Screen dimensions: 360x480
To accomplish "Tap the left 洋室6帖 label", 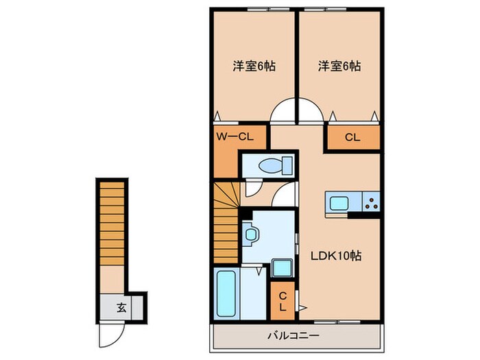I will [254, 67].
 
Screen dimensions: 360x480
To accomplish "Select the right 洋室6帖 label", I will [339, 67].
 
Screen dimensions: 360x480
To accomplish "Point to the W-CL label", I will [235, 136].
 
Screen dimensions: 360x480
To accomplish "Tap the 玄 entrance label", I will [120, 308].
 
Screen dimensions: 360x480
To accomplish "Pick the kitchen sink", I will [338, 202].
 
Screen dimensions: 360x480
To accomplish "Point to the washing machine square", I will [281, 267].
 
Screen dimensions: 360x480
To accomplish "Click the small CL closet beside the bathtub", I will [282, 299].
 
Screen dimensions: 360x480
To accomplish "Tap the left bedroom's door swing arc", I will [283, 112].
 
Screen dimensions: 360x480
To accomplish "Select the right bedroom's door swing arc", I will [311, 112].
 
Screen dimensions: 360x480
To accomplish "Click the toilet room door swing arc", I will [285, 193].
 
